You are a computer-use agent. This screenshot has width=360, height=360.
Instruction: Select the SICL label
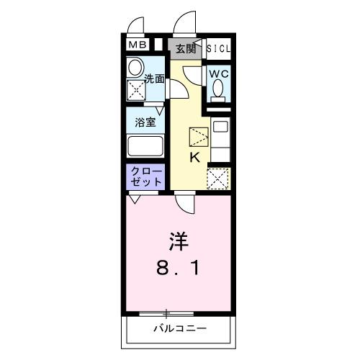pyautogui.click(x=220, y=48)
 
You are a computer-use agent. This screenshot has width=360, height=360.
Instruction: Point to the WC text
pyautogui.click(x=219, y=73)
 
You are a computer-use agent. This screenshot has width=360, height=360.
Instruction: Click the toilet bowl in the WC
pyautogui.click(x=219, y=90)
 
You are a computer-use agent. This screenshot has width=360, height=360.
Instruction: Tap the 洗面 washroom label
pyautogui.click(x=154, y=78)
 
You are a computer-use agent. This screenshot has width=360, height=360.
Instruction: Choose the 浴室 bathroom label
pyautogui.click(x=146, y=122)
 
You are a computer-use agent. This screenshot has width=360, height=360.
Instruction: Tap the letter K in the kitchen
pyautogui.click(x=194, y=158)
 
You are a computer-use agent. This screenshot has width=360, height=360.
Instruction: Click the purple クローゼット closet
pyautogui.click(x=147, y=177)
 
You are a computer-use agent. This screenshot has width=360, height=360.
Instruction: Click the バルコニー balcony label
pyautogui.click(x=179, y=330)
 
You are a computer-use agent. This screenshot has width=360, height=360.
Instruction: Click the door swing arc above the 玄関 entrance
pyautogui.click(x=185, y=22)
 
